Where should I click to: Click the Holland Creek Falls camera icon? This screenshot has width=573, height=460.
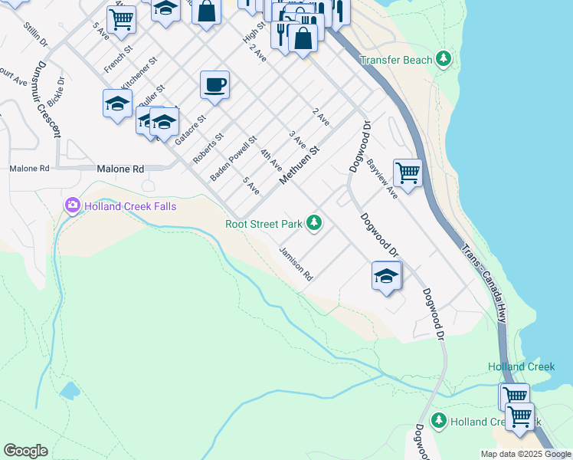point(73,205)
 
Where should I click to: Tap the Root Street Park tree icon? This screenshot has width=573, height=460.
point(313,223)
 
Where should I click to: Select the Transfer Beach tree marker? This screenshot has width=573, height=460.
point(443,59)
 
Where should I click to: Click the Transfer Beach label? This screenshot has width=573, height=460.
point(395,60)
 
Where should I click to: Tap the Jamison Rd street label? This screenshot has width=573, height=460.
point(296,263)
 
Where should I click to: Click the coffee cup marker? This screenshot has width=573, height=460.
point(215,84)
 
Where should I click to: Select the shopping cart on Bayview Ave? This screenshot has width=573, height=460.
point(408,172)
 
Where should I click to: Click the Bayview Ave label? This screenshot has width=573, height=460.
point(381,179)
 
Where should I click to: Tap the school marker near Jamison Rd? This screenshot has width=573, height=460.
point(387,275)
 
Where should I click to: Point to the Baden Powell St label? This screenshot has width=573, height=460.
point(234,159)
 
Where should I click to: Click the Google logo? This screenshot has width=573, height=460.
point(25,451)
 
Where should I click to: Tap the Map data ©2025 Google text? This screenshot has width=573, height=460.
point(526,454)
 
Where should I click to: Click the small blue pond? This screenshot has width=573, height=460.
point(70,391)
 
